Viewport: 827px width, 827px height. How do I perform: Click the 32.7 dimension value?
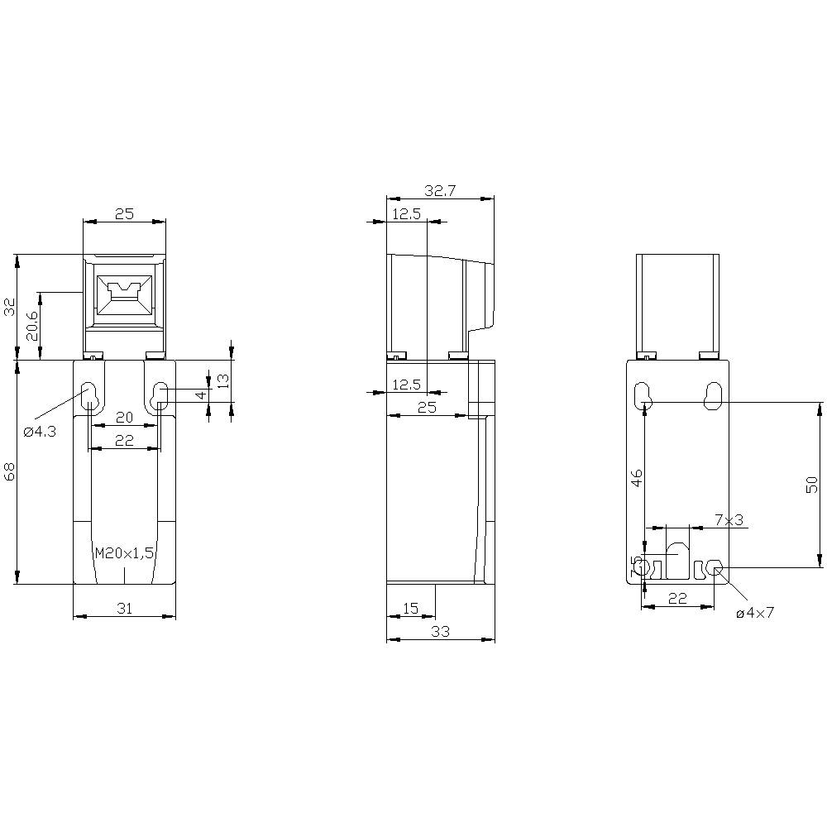click(440, 190)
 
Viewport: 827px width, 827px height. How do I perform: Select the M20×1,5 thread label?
click(125, 553)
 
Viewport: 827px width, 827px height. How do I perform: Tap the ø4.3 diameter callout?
click(40, 431)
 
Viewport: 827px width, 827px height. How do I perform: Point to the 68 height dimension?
click(10, 472)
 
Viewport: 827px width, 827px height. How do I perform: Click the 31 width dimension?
click(125, 608)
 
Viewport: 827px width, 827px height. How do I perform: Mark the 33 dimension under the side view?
click(440, 632)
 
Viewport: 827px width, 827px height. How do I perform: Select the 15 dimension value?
click(409, 608)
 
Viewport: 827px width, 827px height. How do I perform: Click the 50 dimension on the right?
click(812, 485)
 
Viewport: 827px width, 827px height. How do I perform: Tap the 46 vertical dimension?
click(636, 478)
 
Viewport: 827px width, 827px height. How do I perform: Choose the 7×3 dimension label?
click(729, 519)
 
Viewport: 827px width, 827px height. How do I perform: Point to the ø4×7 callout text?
click(755, 613)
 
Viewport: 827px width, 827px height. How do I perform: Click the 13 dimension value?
click(222, 380)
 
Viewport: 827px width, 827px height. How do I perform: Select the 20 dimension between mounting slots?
click(124, 418)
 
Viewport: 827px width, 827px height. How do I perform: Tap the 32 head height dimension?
click(10, 307)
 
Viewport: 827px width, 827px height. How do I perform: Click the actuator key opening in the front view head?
click(124, 294)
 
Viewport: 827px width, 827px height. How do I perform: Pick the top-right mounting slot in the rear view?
click(713, 395)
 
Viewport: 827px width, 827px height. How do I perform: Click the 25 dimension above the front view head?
click(124, 214)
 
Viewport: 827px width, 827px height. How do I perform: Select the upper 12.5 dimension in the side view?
click(406, 214)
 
